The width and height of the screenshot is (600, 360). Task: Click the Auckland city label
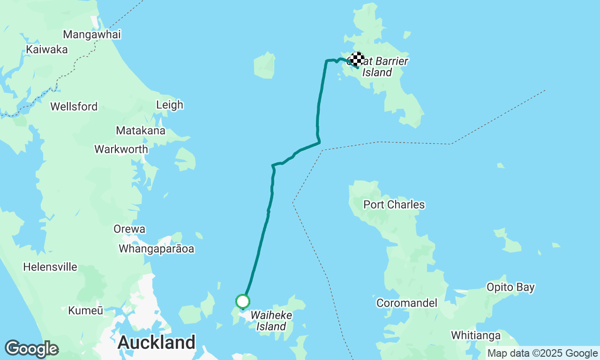(x=156, y=343)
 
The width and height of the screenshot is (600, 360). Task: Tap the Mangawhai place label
(x=92, y=34)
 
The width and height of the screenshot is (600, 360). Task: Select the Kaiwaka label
(x=47, y=49)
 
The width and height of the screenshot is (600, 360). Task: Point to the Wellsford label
(x=74, y=106)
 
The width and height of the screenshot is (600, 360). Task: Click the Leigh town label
(x=170, y=105)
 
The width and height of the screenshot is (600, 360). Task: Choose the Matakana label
(x=140, y=130)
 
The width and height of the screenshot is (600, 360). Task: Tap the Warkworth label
(x=121, y=149)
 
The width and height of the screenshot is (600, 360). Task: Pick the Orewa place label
(x=129, y=229)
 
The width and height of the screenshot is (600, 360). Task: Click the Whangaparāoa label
(x=156, y=248)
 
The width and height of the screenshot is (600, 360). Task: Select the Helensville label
(x=50, y=267)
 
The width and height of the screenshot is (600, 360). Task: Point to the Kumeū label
(x=85, y=310)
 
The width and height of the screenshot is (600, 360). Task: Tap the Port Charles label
(x=394, y=204)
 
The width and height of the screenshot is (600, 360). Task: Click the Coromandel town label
(x=407, y=303)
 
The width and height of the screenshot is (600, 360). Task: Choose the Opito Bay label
(x=510, y=287)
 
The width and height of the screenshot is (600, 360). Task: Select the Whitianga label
(x=476, y=335)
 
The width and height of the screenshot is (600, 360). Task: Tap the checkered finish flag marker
(x=357, y=59)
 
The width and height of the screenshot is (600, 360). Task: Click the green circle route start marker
(x=243, y=301)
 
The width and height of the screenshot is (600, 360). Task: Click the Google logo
(x=31, y=349)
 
